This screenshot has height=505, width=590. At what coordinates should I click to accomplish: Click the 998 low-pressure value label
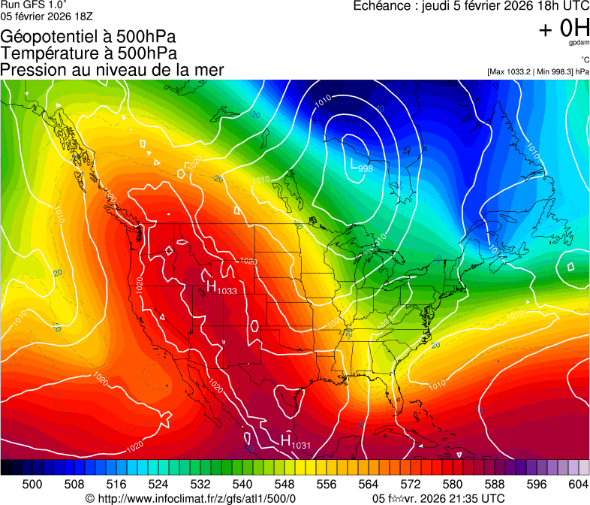point(366,168)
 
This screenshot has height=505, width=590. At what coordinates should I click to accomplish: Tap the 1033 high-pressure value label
point(227,291)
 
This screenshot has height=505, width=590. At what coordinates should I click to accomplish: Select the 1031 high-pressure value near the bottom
point(301,446)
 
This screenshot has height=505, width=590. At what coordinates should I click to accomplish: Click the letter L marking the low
point(354,162)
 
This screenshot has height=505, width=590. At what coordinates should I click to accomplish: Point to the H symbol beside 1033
point(212,286)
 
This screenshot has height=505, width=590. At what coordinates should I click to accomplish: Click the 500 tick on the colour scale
point(32,484)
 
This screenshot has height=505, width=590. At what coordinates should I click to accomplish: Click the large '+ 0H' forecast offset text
point(564,29)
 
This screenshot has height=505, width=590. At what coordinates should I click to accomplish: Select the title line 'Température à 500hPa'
point(89,53)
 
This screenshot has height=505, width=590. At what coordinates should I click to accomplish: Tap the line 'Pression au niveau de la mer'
point(112,70)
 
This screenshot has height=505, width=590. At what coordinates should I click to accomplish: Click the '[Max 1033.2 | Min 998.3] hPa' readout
point(537,71)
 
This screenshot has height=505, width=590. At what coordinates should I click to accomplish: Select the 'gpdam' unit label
point(578,44)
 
